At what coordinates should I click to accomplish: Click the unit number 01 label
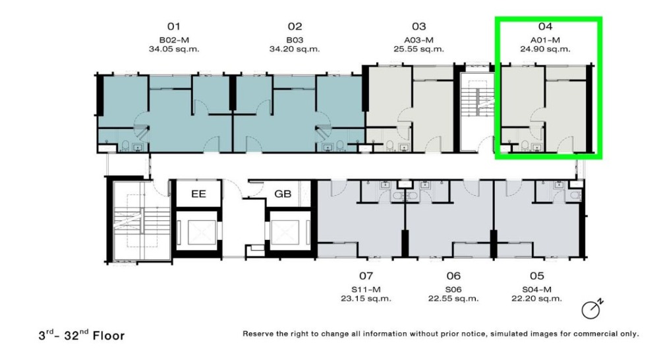(x=173, y=26)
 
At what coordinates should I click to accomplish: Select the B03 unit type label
(x=294, y=38)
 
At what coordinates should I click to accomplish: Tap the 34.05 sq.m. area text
(x=174, y=48)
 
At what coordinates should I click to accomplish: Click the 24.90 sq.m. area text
(x=545, y=48)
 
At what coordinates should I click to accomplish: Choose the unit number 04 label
(x=545, y=26)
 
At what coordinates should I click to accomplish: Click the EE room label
(x=198, y=195)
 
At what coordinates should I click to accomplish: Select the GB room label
(x=283, y=195)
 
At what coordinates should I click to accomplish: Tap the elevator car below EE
(x=198, y=232)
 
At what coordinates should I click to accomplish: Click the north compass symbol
(x=592, y=309)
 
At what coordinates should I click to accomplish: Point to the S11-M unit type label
(x=366, y=288)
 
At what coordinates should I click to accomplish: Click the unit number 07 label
(x=366, y=276)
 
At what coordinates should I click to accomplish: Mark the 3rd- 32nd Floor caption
(x=81, y=335)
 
